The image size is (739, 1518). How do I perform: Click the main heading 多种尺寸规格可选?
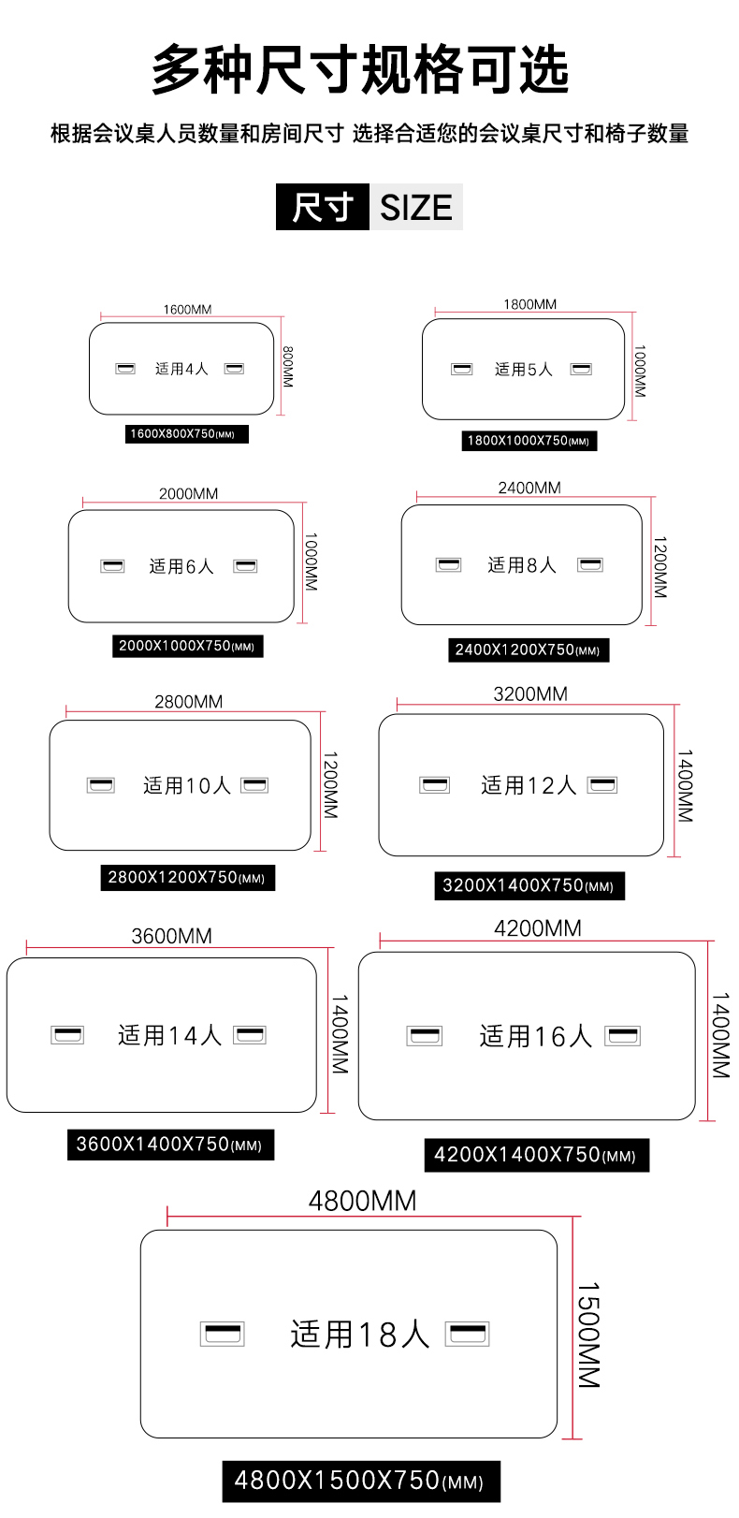[x=360, y=69]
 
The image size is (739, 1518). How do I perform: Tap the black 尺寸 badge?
[x=323, y=207]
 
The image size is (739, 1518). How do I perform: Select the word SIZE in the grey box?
[x=416, y=208]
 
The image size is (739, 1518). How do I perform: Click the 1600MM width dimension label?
[x=188, y=310]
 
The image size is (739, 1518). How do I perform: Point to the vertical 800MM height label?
[x=288, y=367]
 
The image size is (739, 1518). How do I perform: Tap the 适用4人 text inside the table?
[x=181, y=369]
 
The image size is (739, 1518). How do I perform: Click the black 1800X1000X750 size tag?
[x=529, y=441]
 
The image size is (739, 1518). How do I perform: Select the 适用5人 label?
[x=523, y=370]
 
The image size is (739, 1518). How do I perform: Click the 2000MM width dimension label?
[x=188, y=494]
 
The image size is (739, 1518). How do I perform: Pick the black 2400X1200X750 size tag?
[x=529, y=650]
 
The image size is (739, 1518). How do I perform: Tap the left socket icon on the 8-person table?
[x=448, y=565]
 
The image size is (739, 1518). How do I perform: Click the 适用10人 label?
[x=186, y=785]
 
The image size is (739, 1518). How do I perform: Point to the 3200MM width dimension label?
[x=530, y=693]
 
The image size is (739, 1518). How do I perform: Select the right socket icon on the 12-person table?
[x=602, y=785]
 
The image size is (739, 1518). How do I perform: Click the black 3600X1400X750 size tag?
[x=170, y=1145]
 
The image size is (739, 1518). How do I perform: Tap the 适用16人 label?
[x=536, y=1036]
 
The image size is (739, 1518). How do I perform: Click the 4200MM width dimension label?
[x=538, y=928]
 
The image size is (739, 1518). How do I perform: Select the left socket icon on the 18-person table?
[x=223, y=1335]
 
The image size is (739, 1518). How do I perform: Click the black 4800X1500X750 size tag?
[x=361, y=1482]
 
